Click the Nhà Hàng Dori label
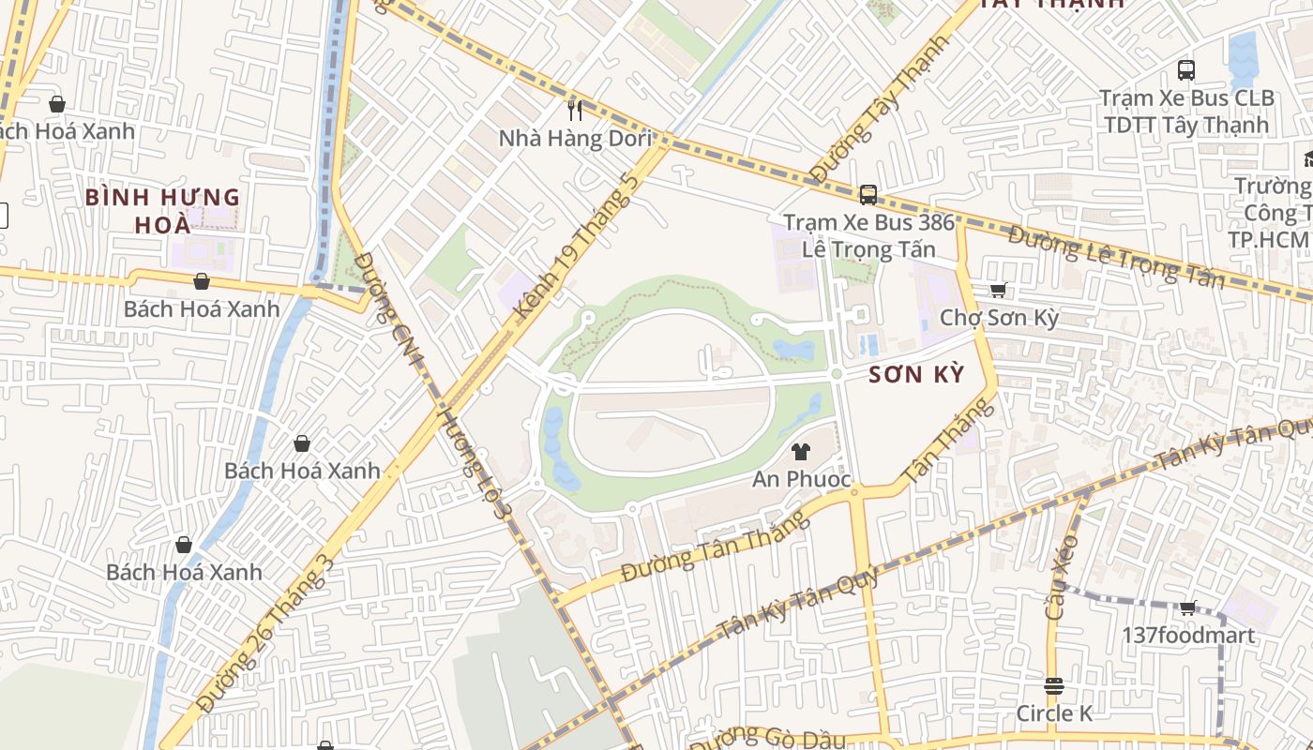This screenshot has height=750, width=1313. click(x=575, y=139)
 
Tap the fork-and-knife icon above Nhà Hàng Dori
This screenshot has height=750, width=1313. click(x=575, y=111)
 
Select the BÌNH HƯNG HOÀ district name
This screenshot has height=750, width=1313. click(x=162, y=211)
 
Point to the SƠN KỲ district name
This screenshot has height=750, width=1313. click(x=915, y=375)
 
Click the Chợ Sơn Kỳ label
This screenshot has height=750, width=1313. click(x=999, y=318)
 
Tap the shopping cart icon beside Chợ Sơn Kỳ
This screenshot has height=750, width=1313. click(x=998, y=291)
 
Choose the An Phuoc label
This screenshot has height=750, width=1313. click(x=801, y=479)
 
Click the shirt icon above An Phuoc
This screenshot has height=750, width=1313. click(x=800, y=452)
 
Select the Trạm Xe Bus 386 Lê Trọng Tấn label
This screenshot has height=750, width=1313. click(x=868, y=236)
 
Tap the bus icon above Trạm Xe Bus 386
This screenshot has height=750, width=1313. click(x=868, y=195)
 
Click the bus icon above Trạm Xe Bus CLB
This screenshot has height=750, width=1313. click(x=1186, y=70)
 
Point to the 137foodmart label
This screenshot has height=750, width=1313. click(x=1187, y=636)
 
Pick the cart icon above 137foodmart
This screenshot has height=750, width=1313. click(x=1187, y=607)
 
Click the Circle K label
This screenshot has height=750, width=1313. click(x=1054, y=713)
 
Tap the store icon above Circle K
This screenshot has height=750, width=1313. click(x=1054, y=686)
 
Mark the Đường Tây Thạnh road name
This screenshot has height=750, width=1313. click(x=867, y=122)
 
